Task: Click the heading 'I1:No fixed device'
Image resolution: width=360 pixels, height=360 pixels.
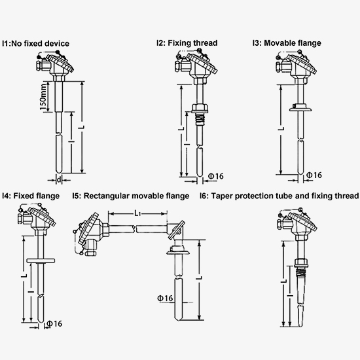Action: [36, 43]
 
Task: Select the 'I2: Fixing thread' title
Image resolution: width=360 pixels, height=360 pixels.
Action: [187, 43]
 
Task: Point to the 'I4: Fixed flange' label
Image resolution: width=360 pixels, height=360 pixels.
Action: [31, 196]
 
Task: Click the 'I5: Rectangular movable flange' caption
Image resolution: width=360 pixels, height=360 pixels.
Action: [130, 196]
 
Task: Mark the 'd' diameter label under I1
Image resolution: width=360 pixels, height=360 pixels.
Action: [60, 179]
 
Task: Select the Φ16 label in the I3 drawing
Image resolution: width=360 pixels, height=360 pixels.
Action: [314, 175]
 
